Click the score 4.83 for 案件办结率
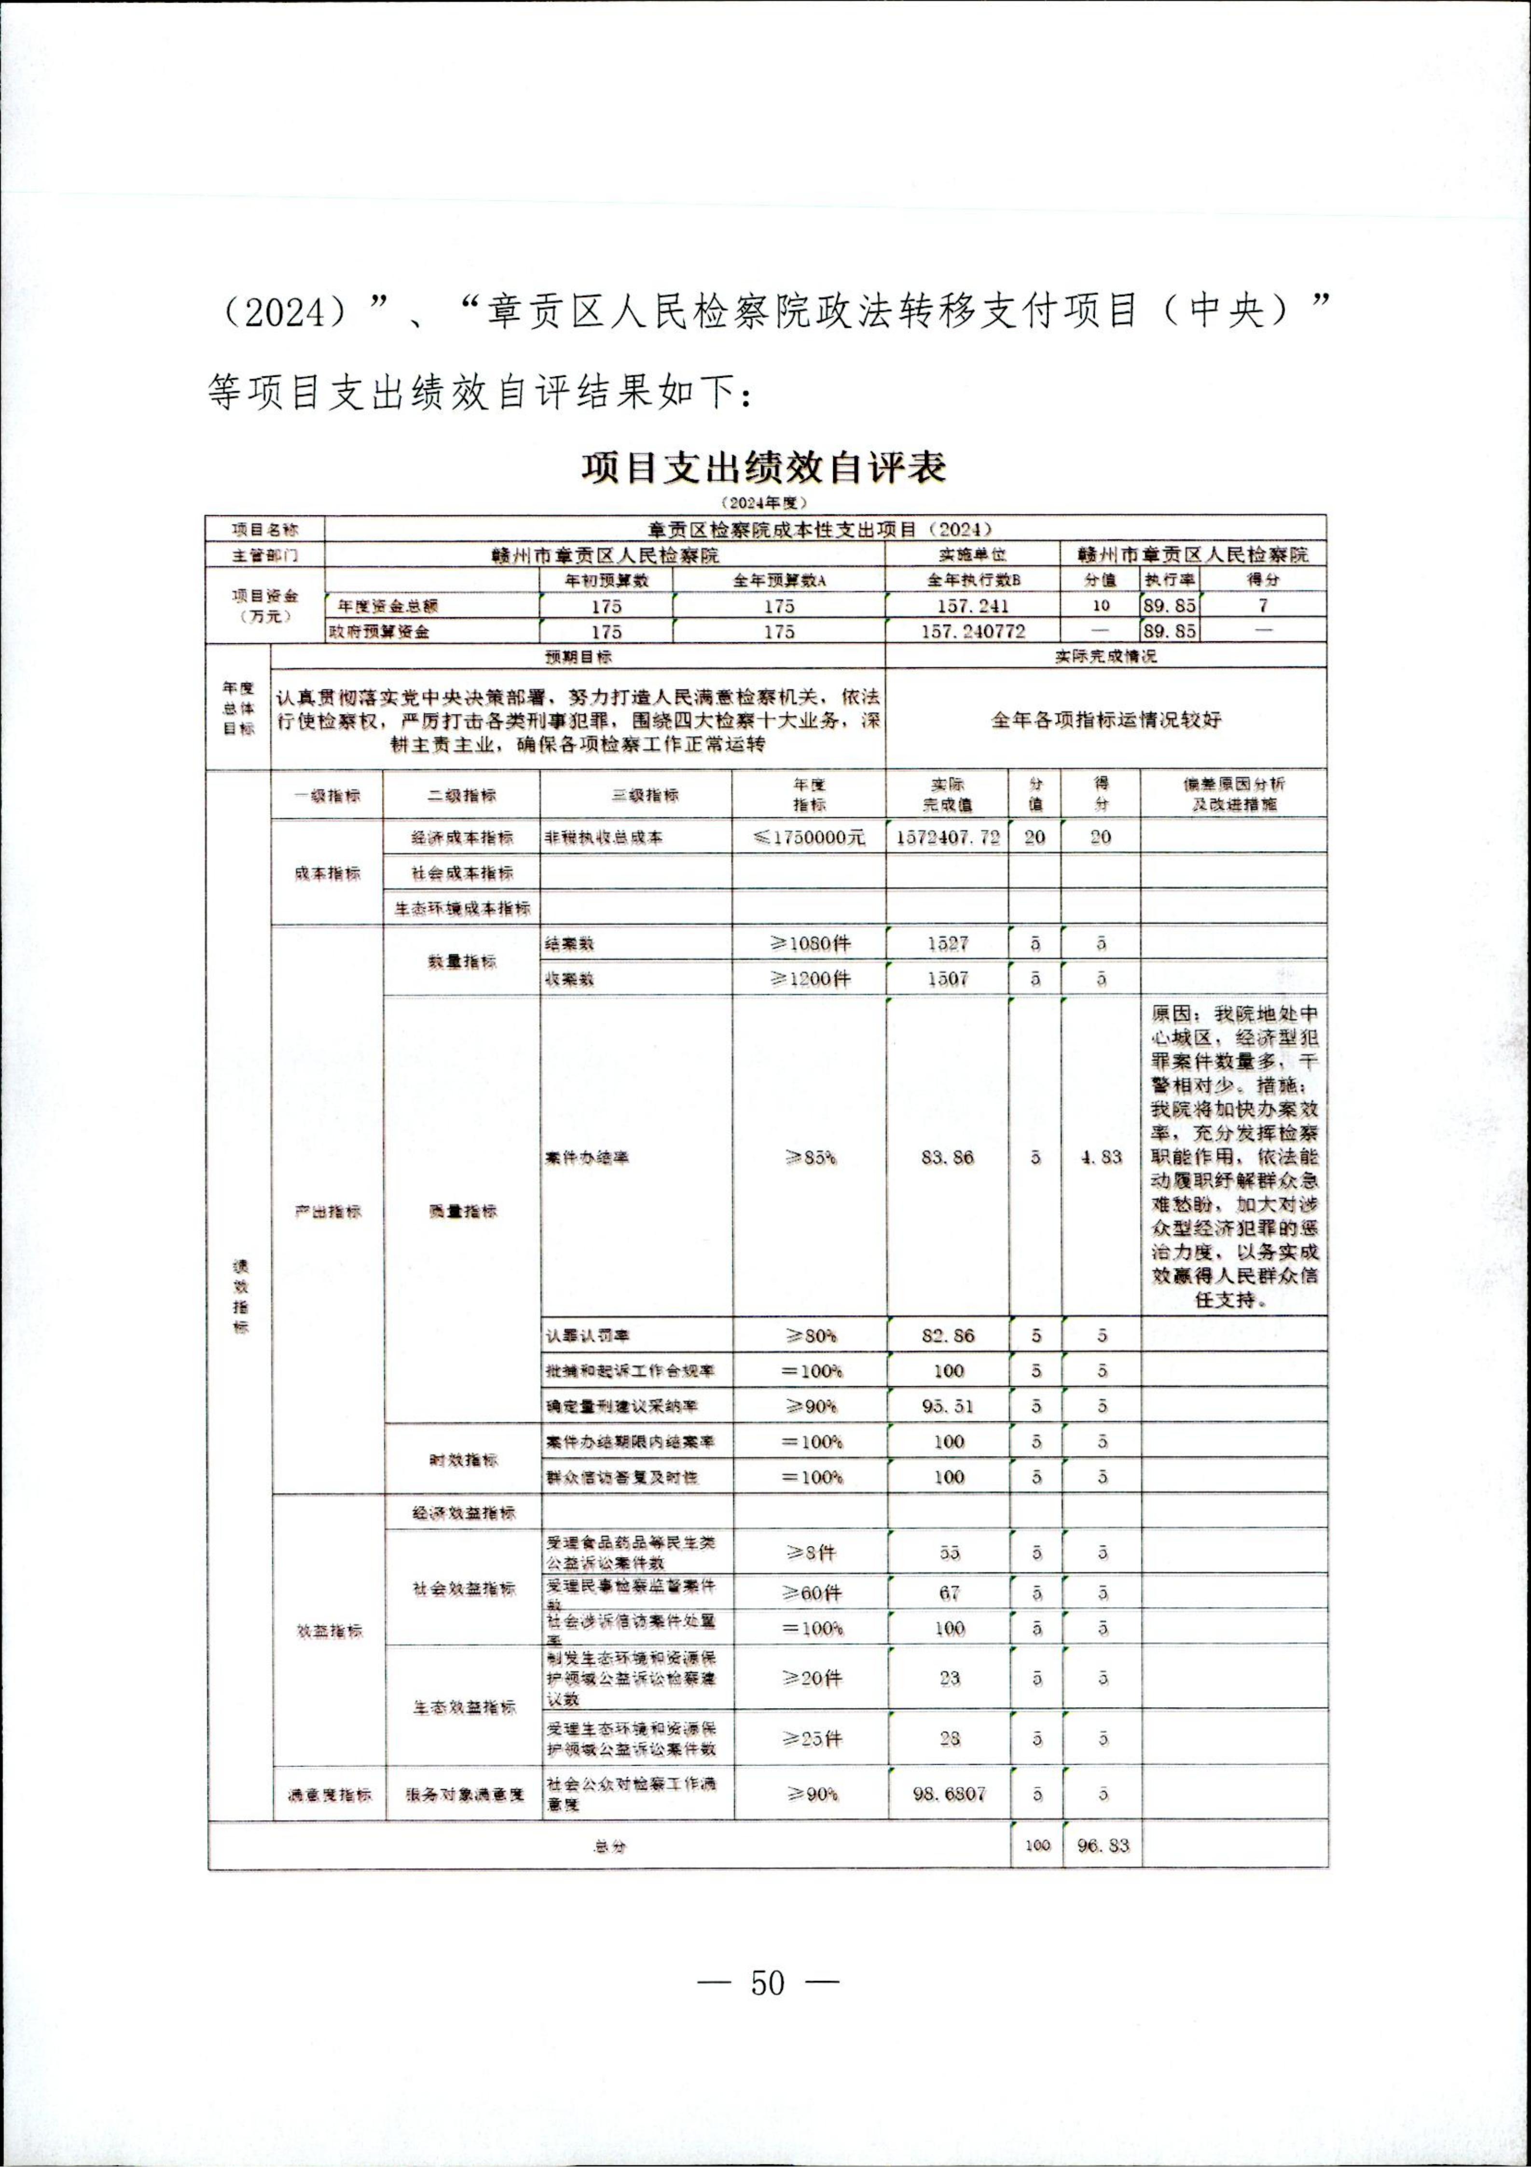pyautogui.click(x=1102, y=1157)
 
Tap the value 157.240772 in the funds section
pyautogui.click(x=973, y=632)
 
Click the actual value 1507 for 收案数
pyautogui.click(x=948, y=979)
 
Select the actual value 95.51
pyautogui.click(x=948, y=1406)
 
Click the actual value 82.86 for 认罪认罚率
pyautogui.click(x=948, y=1336)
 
